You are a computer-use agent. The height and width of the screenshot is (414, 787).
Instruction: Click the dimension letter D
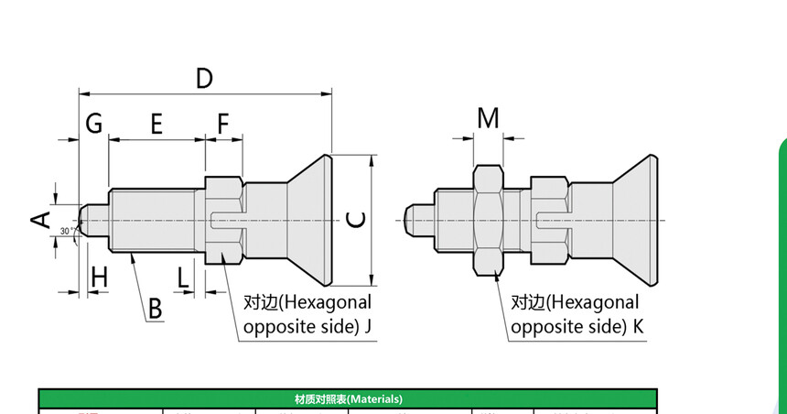[204, 78]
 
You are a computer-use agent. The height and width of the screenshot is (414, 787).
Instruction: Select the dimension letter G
[93, 123]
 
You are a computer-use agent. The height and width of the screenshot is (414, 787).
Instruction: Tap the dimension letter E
[156, 124]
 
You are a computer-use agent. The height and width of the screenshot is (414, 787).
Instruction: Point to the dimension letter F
[224, 124]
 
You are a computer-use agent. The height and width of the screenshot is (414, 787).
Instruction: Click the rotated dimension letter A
[39, 219]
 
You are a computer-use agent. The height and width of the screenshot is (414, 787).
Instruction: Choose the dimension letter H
[99, 276]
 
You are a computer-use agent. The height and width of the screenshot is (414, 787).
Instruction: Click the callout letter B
[156, 310]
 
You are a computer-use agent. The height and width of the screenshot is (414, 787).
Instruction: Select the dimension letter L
[184, 276]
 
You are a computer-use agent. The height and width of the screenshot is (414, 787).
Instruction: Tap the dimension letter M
[489, 119]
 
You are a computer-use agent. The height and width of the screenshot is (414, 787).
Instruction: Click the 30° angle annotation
[67, 231]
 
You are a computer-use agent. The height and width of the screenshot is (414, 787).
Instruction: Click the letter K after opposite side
[637, 327]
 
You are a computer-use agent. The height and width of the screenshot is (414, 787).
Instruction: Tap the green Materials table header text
[348, 399]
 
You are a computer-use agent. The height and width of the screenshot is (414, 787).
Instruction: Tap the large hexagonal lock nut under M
[489, 220]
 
